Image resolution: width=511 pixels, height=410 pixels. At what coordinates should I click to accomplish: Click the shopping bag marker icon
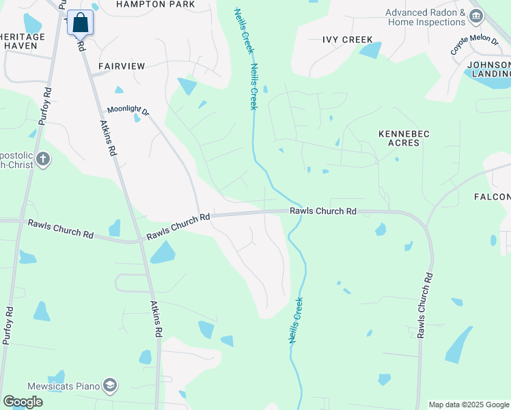[80, 23]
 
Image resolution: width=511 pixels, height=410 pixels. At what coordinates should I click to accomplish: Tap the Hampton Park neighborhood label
[155, 4]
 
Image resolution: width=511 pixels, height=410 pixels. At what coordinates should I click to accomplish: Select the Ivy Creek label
[348, 40]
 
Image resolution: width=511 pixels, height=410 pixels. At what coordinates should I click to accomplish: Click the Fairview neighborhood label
[122, 66]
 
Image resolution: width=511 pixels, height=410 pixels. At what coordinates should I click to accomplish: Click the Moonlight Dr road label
[128, 110]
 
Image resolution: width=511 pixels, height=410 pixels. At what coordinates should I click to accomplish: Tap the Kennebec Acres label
[404, 138]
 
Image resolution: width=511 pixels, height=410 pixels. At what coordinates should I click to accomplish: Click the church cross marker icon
[42, 160]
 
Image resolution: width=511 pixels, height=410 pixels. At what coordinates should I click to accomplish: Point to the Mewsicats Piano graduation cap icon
[109, 386]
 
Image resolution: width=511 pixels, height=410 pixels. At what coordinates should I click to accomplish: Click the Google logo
[23, 402]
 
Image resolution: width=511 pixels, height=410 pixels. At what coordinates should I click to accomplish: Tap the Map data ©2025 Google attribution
[469, 405]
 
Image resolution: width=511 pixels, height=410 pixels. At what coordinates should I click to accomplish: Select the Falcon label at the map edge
[492, 197]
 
